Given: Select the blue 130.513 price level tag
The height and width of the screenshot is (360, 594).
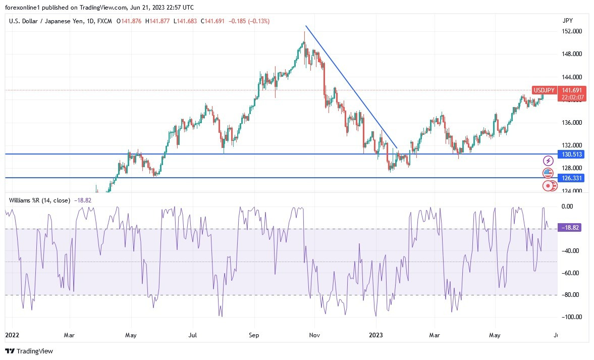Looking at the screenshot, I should click(570, 154).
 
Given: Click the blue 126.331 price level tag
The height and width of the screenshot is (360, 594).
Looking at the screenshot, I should click(570, 178).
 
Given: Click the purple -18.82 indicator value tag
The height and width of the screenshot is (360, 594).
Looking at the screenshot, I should click(570, 228).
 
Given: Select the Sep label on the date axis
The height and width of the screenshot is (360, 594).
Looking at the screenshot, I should click(254, 335).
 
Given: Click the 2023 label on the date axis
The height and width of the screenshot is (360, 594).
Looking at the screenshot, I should click(376, 335).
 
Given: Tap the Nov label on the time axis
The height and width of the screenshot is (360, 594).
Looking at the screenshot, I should click(314, 335).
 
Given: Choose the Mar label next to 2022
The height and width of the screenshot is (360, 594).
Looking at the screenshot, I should click(70, 335).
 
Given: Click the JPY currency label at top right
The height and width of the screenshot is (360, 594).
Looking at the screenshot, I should click(568, 21).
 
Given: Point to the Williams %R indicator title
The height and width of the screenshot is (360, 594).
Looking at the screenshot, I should click(40, 200).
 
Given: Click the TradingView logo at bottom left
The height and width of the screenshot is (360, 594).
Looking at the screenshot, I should click(29, 351).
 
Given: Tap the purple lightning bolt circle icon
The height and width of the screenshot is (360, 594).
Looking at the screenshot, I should click(548, 161).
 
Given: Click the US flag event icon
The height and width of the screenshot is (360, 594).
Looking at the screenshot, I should click(548, 173).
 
